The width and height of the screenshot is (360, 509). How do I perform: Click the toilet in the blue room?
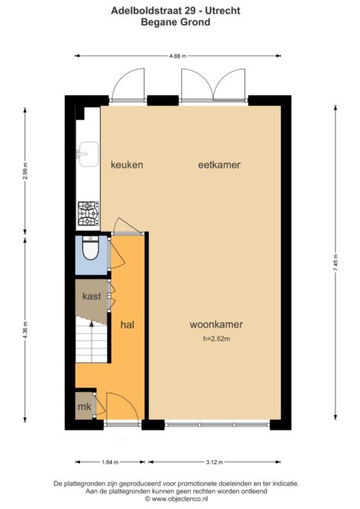90,248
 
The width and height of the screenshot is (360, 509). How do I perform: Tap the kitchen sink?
88,154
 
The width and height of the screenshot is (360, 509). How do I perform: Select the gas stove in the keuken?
88,213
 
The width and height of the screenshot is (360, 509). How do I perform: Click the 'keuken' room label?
127,165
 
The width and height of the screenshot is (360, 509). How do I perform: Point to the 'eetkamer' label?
219,165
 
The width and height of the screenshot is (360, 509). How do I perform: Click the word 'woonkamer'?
216,324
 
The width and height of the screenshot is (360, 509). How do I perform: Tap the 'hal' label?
127,325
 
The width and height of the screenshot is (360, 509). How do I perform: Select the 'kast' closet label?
92,296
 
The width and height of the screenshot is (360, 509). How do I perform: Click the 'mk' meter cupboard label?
84,406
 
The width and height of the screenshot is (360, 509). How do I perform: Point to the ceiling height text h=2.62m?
216,339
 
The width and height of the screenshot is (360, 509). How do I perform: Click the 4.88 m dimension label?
178,56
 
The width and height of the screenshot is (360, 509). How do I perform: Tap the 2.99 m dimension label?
25,171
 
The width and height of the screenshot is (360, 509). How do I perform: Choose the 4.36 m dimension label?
25,330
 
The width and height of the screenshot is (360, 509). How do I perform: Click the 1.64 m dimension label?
110,462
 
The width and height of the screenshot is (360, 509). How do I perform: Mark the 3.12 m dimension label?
214,462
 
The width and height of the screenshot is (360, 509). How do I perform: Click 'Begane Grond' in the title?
176,22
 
